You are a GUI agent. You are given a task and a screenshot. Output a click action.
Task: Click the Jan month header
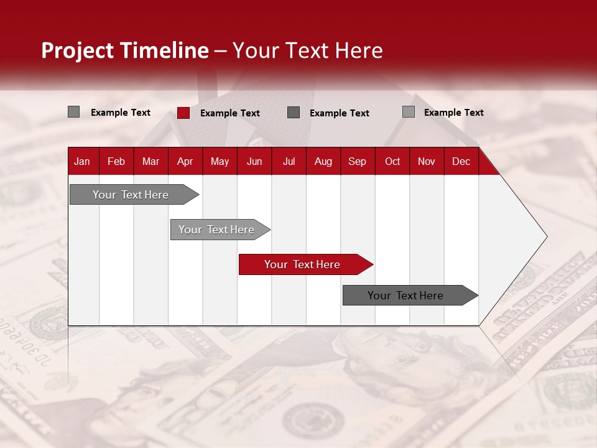(x=82, y=161)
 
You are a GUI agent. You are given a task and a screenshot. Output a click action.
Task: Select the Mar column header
(x=150, y=161)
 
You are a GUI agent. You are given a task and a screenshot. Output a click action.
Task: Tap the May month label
(x=220, y=161)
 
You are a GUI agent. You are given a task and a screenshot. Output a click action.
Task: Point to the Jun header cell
(x=254, y=161)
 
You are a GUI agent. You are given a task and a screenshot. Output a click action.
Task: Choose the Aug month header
(x=323, y=161)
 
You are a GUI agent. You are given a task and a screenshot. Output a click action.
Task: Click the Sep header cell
(x=357, y=161)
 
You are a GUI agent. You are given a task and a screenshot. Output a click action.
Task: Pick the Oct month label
(x=392, y=161)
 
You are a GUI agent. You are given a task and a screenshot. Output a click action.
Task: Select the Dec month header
(x=461, y=161)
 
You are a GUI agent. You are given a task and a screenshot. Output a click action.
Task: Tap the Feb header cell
(x=116, y=161)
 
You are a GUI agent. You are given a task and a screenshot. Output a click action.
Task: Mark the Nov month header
(x=427, y=161)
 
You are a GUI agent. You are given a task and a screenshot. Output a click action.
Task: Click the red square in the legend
(x=183, y=113)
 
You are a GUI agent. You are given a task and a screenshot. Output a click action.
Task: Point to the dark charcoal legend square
(x=294, y=113)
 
